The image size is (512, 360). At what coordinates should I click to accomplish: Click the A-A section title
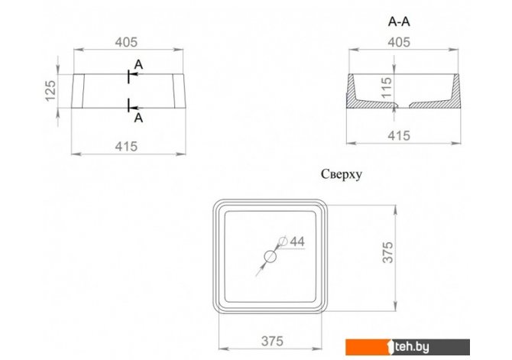pyautogui.click(x=399, y=21)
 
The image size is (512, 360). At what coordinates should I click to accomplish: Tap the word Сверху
pyautogui.click(x=342, y=174)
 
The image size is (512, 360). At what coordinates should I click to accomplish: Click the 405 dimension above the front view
pyautogui.click(x=126, y=42)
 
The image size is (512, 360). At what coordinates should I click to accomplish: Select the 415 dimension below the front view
pyautogui.click(x=126, y=146)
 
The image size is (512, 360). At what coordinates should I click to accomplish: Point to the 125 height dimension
pyautogui.click(x=50, y=91)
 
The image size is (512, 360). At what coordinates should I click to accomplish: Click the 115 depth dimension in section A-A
pyautogui.click(x=386, y=88)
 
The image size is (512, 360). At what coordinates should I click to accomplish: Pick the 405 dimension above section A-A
pyautogui.click(x=399, y=42)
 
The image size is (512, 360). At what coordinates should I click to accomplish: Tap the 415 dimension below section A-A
pyautogui.click(x=399, y=135)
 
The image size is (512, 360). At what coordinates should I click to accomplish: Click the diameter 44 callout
pyautogui.click(x=292, y=242)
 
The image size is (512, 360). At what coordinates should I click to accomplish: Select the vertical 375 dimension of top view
pyautogui.click(x=388, y=252)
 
